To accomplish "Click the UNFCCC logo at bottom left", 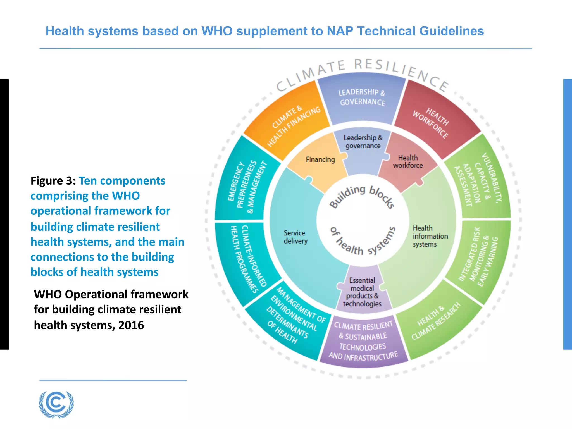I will click(56, 404).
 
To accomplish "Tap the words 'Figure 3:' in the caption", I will click(53, 181).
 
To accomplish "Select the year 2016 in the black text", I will click(131, 325).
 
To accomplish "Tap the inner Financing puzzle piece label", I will click(320, 159).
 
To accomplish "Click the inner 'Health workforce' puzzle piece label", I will click(408, 162).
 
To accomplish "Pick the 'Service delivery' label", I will click(295, 237).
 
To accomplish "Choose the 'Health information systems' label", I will click(430, 236).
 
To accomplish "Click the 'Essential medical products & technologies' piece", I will click(362, 292).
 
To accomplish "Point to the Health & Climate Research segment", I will click(436, 321).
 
